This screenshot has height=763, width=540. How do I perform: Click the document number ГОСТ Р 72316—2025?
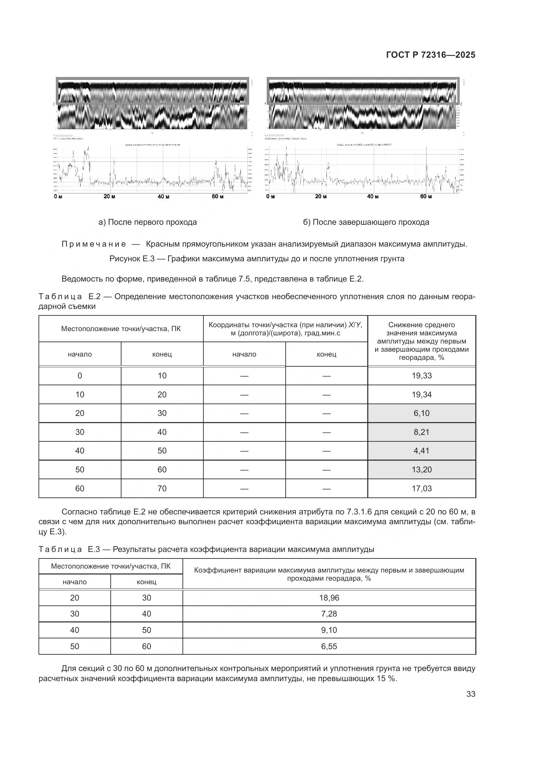(431, 55)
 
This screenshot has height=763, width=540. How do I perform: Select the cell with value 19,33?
(421, 375)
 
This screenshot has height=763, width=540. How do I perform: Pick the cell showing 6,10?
(421, 413)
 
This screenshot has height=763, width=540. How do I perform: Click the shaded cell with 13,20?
(421, 469)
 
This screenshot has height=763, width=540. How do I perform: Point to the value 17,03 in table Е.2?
(421, 489)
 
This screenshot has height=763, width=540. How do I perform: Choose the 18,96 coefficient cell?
(329, 598)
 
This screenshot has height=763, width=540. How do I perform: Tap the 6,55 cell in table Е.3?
(329, 646)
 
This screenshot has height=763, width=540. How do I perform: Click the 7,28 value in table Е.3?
(329, 614)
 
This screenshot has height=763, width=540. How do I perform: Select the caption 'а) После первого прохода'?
(148, 222)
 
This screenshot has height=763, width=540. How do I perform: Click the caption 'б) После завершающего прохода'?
(366, 222)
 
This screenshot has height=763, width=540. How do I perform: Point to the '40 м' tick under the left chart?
(164, 197)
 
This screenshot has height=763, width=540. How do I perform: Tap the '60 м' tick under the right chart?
(426, 196)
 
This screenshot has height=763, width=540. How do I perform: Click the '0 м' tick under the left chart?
(58, 196)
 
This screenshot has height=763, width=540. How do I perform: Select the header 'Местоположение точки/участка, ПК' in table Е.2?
(121, 329)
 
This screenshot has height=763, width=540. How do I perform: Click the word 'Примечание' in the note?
(94, 244)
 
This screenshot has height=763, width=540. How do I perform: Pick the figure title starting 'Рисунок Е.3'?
(257, 259)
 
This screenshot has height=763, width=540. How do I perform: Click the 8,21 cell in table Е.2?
(421, 432)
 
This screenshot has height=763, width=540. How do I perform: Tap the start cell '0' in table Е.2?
(80, 375)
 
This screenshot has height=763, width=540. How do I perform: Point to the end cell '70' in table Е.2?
(162, 489)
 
